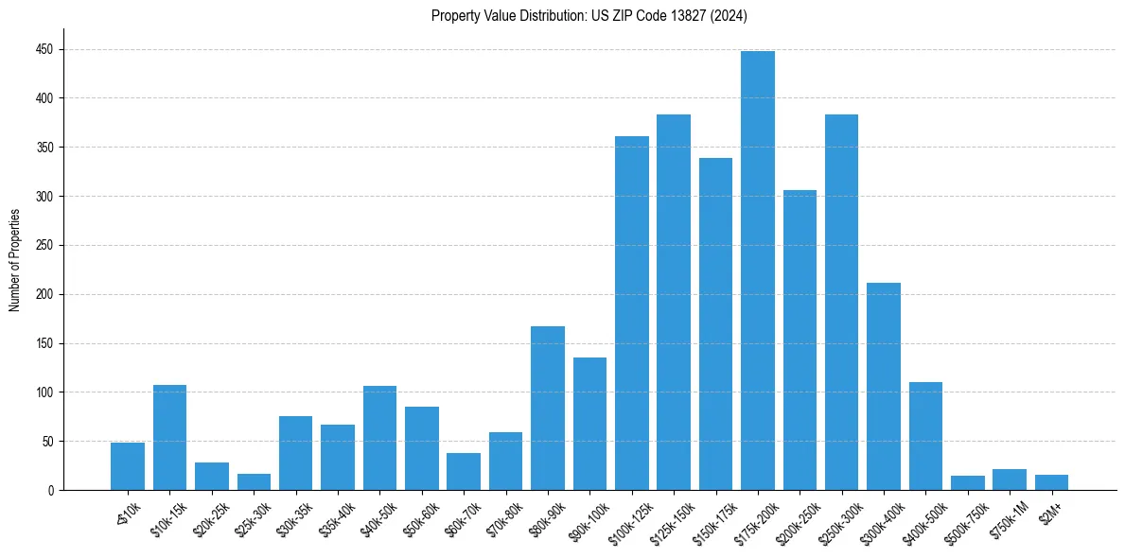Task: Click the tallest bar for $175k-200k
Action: click(x=757, y=270)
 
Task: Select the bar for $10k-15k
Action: click(x=169, y=437)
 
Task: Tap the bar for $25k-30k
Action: click(x=254, y=481)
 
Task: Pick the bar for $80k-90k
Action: click(x=547, y=408)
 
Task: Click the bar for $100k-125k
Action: click(x=631, y=313)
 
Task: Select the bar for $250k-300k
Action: click(x=841, y=303)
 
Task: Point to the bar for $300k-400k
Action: click(x=883, y=386)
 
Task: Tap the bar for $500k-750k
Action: click(x=967, y=482)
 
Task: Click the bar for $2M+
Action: click(x=1051, y=482)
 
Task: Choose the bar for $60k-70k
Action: click(x=464, y=471)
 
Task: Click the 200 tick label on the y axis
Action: click(x=45, y=294)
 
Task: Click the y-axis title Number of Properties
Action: click(x=14, y=261)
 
